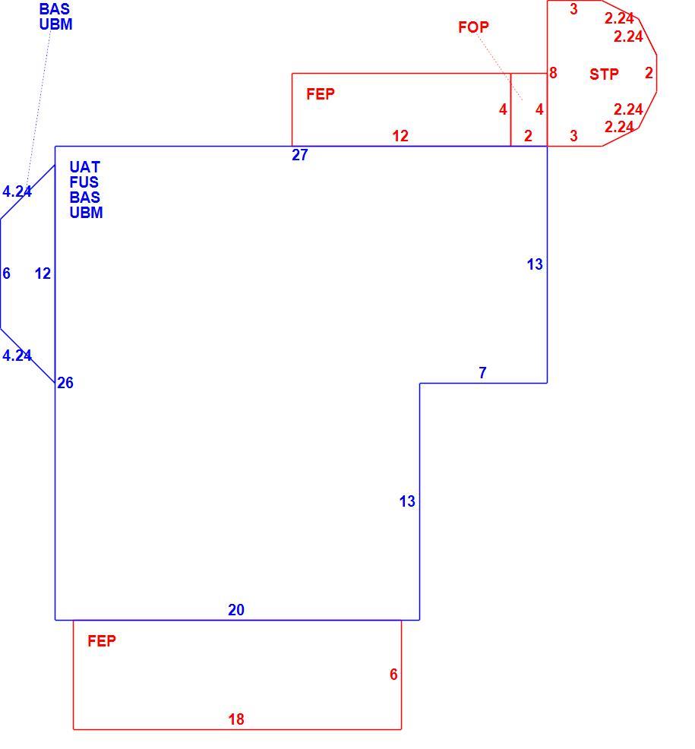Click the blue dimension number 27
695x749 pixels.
click(299, 155)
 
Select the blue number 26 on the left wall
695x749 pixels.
click(65, 383)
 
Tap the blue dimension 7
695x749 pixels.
click(482, 372)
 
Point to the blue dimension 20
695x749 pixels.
click(236, 610)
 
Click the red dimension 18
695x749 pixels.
click(236, 719)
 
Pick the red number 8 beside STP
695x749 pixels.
click(553, 73)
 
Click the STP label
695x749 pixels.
click(604, 74)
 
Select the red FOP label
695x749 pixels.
click(473, 27)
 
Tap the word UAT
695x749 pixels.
click(84, 167)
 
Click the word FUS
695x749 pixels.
click(84, 182)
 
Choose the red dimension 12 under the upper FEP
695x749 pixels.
click(400, 136)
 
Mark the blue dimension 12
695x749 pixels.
click(43, 273)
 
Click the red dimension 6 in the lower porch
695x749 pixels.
click(393, 675)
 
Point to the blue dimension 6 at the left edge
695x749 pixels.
click(6, 273)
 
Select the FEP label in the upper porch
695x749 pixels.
click(321, 94)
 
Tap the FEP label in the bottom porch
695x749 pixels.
click(102, 641)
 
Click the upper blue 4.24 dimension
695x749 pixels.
click(17, 191)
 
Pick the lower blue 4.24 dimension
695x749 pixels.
click(17, 356)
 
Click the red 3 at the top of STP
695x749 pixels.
click(573, 9)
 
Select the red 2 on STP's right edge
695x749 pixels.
click(649, 73)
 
